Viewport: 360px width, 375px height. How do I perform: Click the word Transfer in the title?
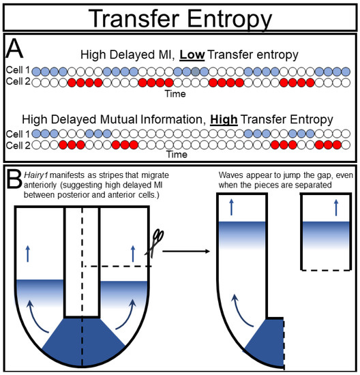134,18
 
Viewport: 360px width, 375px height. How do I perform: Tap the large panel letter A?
14,48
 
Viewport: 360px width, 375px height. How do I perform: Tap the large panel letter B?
14,179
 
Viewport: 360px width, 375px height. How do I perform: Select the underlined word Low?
192,55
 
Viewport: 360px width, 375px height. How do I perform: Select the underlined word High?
224,119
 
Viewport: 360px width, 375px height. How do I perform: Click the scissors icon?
154,243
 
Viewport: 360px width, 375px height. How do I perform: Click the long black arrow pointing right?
186,251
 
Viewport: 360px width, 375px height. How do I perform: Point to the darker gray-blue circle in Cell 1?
196,72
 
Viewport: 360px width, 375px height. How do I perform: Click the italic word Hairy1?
36,175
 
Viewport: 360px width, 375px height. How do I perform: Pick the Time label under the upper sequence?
175,94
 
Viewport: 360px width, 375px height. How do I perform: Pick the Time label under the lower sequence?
177,154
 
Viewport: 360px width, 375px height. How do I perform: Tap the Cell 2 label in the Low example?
18,82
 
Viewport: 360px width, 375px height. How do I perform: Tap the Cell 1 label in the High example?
18,134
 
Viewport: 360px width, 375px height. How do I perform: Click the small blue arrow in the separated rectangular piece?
336,207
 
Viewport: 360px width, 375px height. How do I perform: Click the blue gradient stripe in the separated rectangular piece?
326,236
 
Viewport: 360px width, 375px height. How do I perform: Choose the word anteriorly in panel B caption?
40,185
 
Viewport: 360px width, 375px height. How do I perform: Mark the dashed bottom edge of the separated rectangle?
326,270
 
